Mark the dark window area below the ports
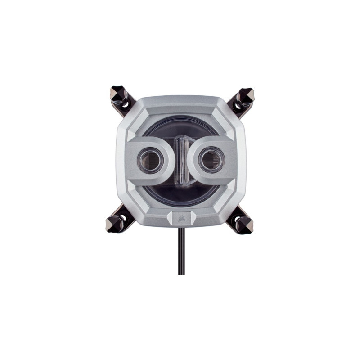coord(180,191)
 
